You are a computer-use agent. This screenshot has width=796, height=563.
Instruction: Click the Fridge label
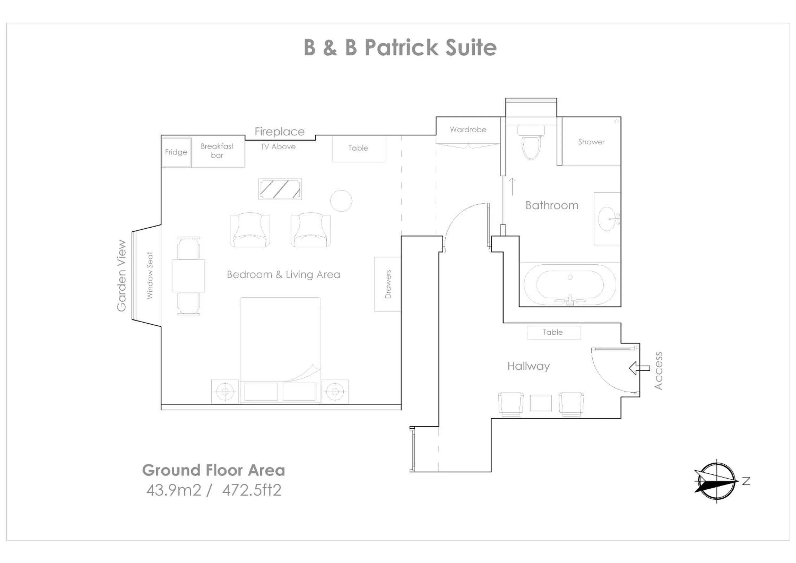pyautogui.click(x=176, y=152)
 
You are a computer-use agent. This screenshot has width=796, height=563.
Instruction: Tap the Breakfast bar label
pyautogui.click(x=217, y=151)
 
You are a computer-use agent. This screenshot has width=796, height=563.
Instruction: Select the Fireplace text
pyautogui.click(x=279, y=132)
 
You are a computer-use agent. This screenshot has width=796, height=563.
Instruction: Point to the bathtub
pyautogui.click(x=570, y=285)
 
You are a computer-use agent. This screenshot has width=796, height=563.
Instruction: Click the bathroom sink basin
pyautogui.click(x=607, y=219)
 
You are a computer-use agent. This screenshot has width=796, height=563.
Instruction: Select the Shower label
pyautogui.click(x=591, y=142)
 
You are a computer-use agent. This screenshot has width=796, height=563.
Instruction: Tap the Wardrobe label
pyautogui.click(x=468, y=130)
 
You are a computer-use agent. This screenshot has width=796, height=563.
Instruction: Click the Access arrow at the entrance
pyautogui.click(x=639, y=368)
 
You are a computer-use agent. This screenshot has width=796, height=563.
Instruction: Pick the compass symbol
pyautogui.click(x=716, y=482)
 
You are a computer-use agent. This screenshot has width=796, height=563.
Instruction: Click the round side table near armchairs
pyautogui.click(x=341, y=201)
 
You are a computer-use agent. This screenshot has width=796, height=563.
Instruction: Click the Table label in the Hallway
pyautogui.click(x=553, y=332)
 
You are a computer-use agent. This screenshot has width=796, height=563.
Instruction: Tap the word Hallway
pyautogui.click(x=528, y=366)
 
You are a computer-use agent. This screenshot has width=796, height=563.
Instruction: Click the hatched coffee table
pyautogui.click(x=280, y=189)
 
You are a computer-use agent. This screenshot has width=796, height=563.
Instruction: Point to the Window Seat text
pyautogui.click(x=149, y=276)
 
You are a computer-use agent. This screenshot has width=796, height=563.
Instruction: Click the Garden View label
pyautogui.click(x=121, y=276)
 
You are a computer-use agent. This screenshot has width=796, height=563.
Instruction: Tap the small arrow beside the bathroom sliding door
pyautogui.click(x=512, y=187)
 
